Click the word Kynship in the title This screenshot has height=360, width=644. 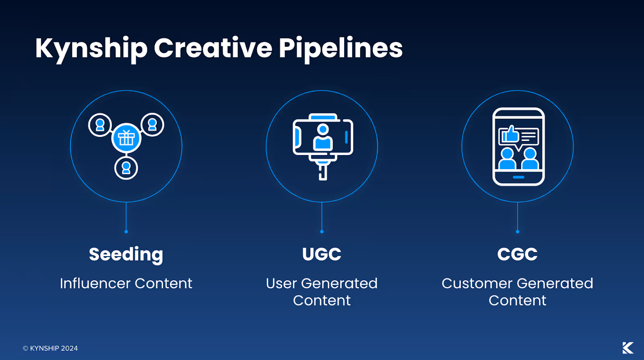coord(91,48)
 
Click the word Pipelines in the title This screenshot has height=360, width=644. coord(341,48)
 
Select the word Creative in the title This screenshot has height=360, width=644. coord(213,48)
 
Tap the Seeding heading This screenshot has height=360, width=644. coord(126,254)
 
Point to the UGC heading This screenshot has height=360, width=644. coord(322,254)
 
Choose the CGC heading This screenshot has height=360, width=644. coord(517,254)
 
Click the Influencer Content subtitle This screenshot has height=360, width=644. coord(126,283)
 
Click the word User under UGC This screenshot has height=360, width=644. coord(281,283)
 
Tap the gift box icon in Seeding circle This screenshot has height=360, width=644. coord(126,138)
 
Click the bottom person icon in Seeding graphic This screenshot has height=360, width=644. coord(126,168)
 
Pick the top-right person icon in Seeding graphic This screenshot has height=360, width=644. coord(152,124)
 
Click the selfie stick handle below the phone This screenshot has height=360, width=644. coord(322,171)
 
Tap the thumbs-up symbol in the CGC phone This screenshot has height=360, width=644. coord(510,134)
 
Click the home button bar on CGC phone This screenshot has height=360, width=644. coord(518,177)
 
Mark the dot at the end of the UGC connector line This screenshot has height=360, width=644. coord(322,232)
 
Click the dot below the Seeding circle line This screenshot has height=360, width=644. coord(126,232)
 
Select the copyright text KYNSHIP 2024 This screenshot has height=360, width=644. coord(50,348)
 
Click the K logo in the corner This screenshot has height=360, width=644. coord(627,348)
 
